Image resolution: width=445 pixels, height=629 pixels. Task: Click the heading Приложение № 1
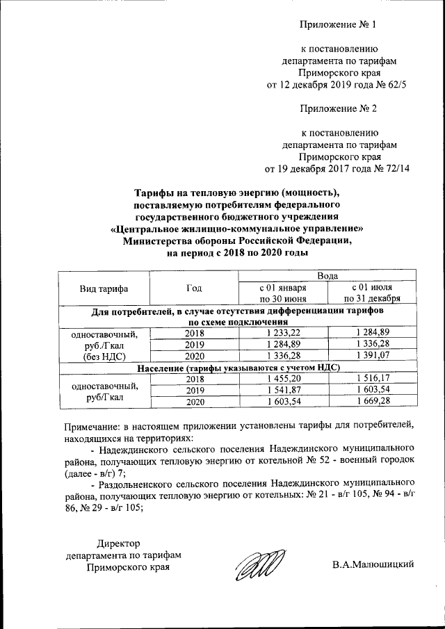338,26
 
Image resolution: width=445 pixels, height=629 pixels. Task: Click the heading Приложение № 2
338,108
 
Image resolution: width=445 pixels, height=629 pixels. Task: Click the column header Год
194,288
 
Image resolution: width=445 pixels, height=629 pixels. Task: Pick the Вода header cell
327,277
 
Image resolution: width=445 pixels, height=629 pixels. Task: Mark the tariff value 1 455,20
282,378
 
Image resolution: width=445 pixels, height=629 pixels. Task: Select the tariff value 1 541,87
282,390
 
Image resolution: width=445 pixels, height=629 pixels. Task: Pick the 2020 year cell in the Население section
194,402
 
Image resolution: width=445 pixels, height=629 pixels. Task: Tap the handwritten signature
258,562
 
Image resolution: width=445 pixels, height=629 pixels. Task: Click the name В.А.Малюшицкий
372,563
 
